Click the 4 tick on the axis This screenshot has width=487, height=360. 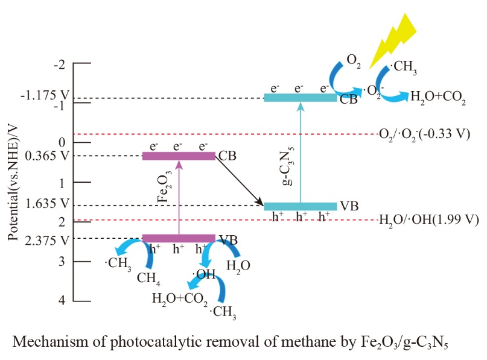[60, 300]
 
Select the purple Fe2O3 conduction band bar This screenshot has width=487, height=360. [179, 156]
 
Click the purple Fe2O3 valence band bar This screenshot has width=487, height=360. [179, 238]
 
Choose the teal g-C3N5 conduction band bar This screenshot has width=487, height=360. [300, 98]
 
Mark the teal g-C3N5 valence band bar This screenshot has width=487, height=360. [300, 206]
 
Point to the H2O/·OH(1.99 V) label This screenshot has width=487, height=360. [428, 220]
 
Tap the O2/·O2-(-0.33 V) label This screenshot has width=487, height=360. [424, 134]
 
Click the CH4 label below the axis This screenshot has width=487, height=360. [148, 278]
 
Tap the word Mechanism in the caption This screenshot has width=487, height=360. [42, 342]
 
